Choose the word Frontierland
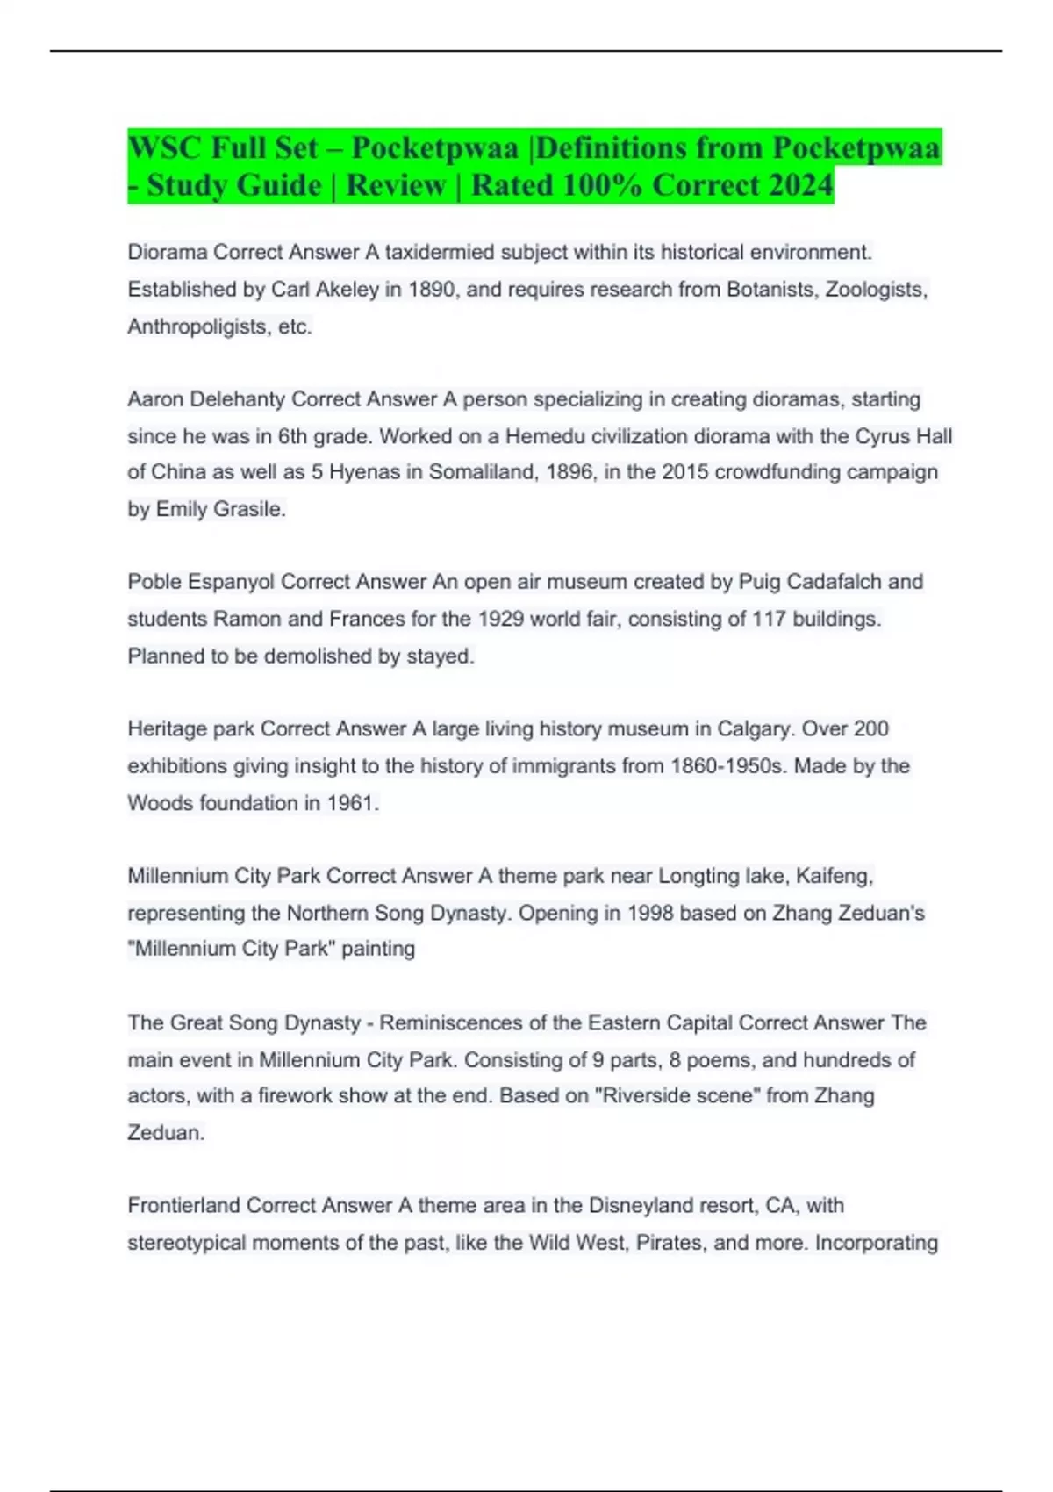(183, 1206)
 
